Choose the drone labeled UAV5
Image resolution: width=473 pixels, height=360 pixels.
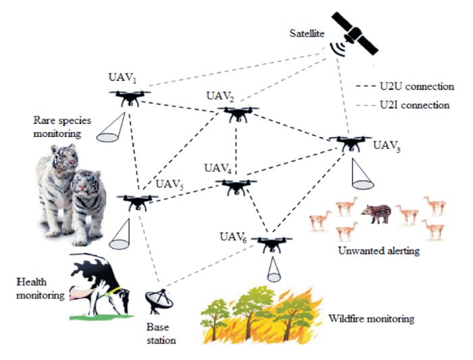pos(138,202)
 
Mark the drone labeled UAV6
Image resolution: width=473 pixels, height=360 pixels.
pos(273,243)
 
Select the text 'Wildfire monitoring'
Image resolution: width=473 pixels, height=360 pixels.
pos(370,318)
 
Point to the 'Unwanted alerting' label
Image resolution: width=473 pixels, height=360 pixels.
pos(377,251)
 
